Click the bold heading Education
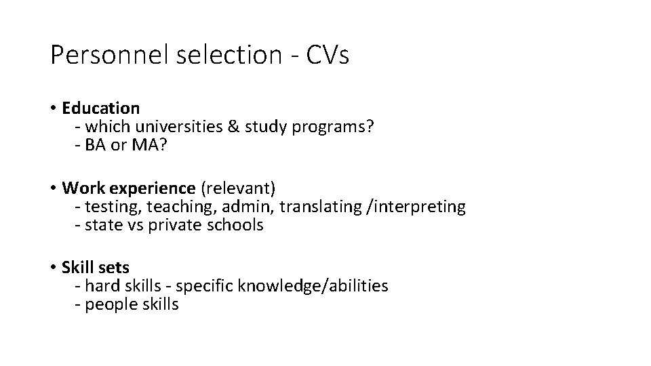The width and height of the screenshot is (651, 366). [x=100, y=108]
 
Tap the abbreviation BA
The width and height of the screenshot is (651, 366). [x=95, y=146]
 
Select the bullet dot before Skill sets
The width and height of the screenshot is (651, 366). [x=53, y=267]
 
